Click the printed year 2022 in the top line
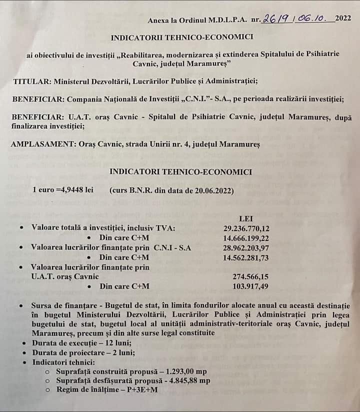(343, 19)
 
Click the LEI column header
(247, 219)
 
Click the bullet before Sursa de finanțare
(19, 305)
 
